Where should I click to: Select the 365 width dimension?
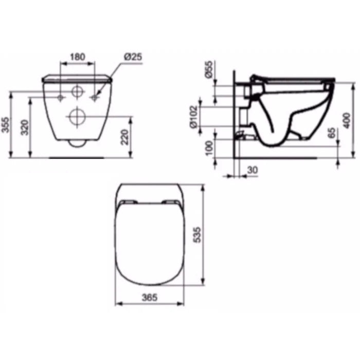pos(150,298)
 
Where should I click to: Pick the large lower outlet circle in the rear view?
pos(78,116)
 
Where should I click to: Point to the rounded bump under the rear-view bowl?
pos(77,143)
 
